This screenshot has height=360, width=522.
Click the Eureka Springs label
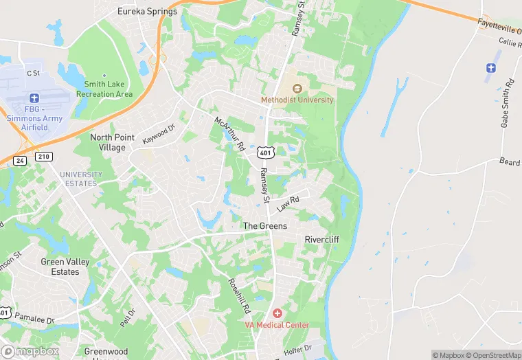(147, 12)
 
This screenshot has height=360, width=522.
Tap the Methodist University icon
(297, 89)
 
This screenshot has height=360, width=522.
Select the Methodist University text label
(297, 100)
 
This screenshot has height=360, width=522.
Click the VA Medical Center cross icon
(277, 313)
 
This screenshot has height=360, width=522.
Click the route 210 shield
(43, 157)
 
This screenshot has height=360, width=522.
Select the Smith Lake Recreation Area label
(104, 89)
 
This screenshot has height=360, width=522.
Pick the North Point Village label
(108, 142)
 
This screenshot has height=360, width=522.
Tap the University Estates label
(80, 179)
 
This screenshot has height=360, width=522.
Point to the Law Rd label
(288, 204)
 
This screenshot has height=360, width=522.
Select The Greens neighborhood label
(264, 226)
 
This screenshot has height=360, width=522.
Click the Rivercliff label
(321, 239)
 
